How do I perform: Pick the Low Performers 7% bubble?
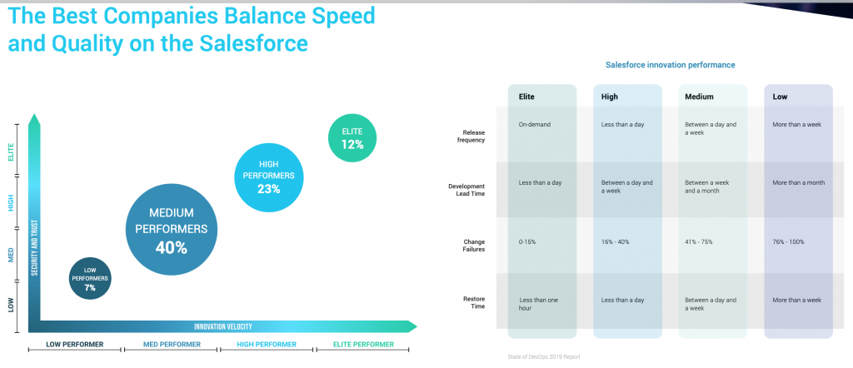[89, 277]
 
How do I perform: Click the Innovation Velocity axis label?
[222, 326]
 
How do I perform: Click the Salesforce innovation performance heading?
[670, 65]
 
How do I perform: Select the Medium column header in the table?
[700, 97]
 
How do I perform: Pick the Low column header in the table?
[780, 97]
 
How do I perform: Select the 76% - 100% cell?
[788, 241]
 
